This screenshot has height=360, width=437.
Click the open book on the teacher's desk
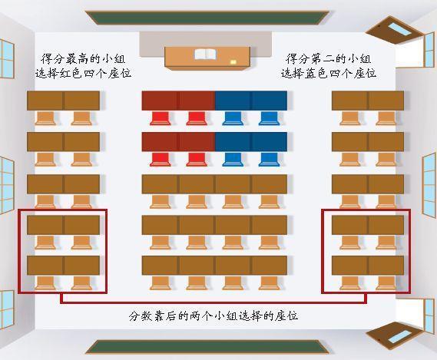click(205, 54)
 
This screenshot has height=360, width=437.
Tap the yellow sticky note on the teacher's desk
click(233, 61)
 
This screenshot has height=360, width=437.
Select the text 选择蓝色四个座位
click(328, 73)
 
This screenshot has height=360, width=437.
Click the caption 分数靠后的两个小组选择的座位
click(214, 315)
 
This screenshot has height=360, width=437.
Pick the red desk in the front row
click(178, 101)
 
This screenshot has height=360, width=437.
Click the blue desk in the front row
click(250, 101)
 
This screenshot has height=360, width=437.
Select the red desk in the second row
click(178, 141)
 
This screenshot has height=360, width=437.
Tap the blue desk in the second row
click(250, 141)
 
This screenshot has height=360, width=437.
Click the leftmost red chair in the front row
click(161, 117)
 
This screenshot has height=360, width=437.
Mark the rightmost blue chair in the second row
click(269, 158)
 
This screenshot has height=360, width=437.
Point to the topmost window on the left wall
click(6, 59)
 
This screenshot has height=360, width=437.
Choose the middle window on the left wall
click(6, 178)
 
